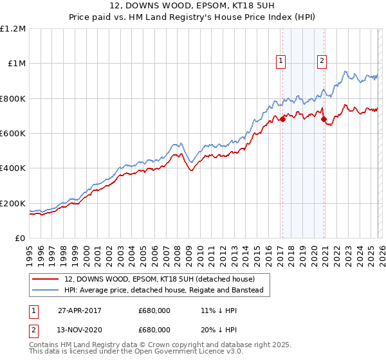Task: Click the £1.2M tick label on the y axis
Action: pos(14,29)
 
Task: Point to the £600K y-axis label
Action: pos(14,134)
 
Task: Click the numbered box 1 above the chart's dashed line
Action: pos(281,61)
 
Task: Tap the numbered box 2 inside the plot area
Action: pos(322,61)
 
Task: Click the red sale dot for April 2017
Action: pos(282,119)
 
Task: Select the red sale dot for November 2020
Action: pos(324,119)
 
